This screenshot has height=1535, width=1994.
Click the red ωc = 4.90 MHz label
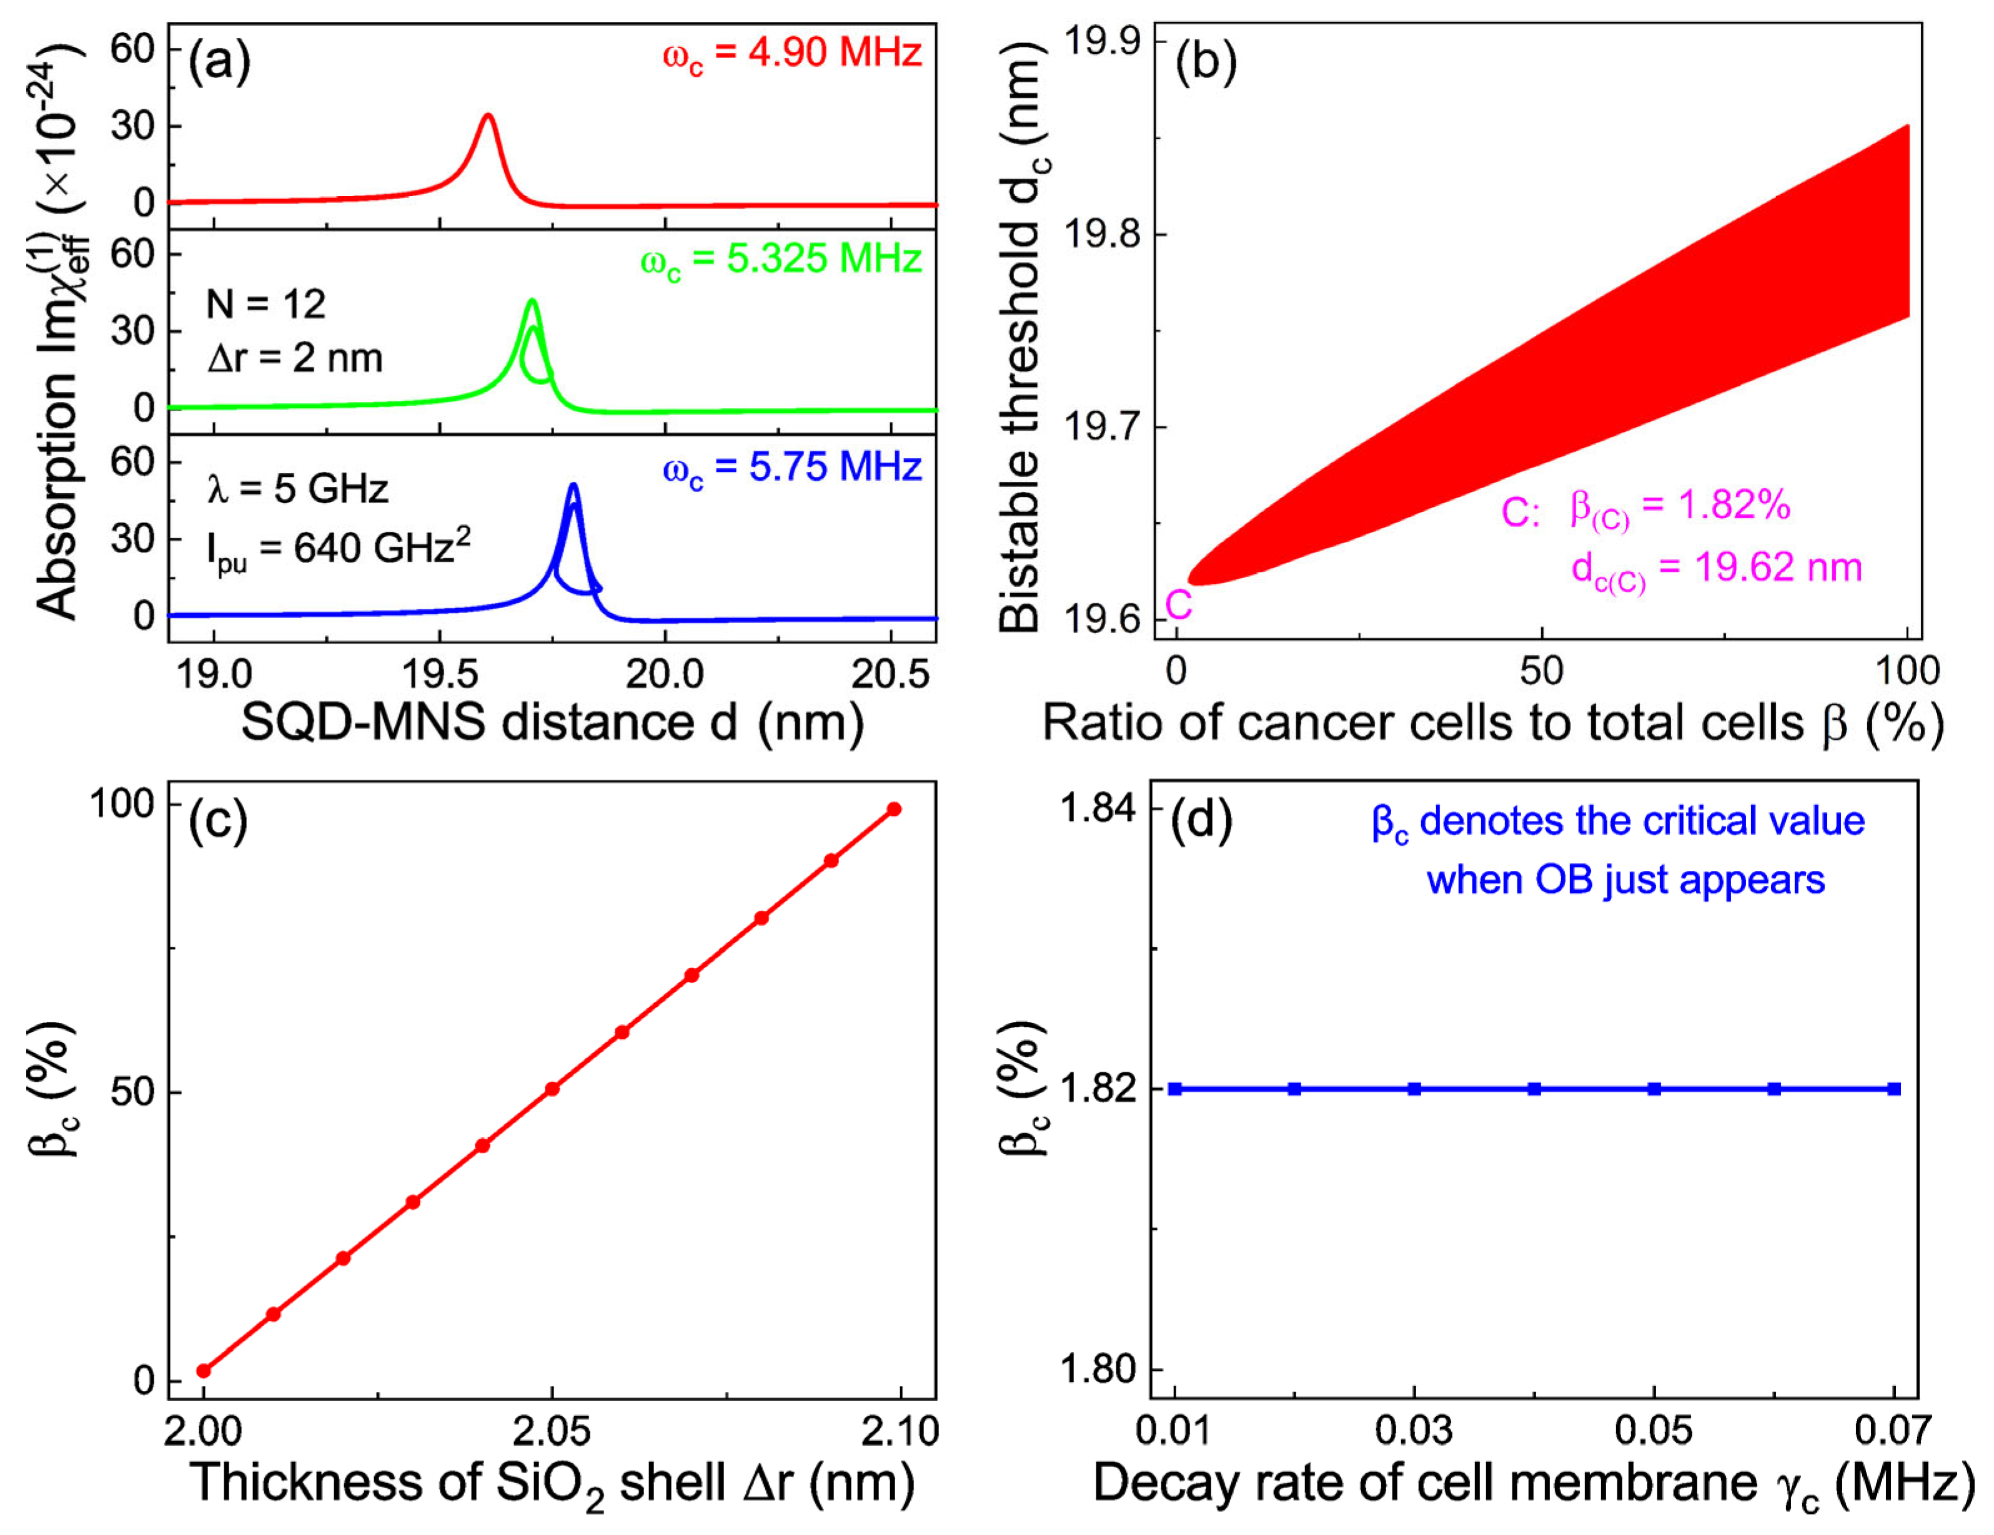coord(791,54)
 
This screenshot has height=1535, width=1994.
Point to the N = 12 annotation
coord(265,304)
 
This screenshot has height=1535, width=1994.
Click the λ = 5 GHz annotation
coord(297,490)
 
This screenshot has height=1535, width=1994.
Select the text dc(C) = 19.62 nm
coord(1717,569)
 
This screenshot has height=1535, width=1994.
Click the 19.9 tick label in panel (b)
coord(1103,42)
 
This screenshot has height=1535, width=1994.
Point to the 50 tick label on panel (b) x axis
coord(1541,672)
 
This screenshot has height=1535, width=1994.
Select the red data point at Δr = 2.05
coord(552,1089)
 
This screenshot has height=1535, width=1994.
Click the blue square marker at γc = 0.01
coord(1176,1089)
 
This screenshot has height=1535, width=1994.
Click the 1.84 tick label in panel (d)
coord(1096,808)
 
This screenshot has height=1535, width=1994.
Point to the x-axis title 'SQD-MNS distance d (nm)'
coord(552,723)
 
